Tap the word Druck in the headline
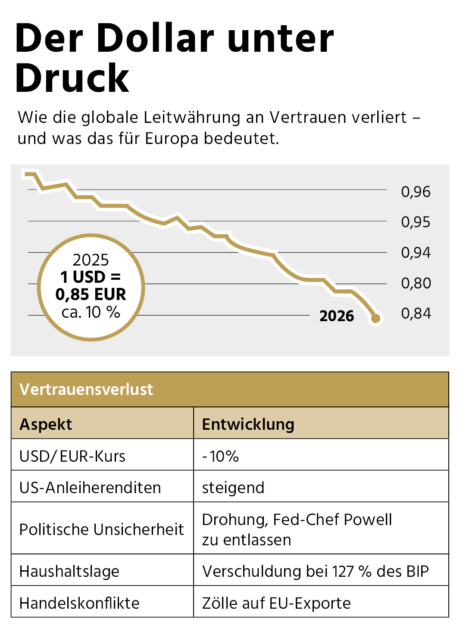pos(72,78)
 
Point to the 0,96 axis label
pos(416,192)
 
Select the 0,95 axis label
pos(416,222)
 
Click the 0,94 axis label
pos(416,253)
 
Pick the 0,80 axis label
pos(416,283)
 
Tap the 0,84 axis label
pos(416,313)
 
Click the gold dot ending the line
pos(376,319)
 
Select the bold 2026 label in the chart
pos(336,316)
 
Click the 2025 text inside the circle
pos(91,260)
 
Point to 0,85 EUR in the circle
pos(91,294)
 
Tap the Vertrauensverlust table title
pos(86,389)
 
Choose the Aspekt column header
pos(46,424)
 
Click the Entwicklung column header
pos(248,424)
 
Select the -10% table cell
pos(220,456)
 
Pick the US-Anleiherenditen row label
pos(90,488)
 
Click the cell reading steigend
pos(233,488)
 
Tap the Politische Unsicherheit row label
pos(101,529)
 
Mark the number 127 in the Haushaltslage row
pos(343,571)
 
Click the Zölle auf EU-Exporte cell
pos(276,603)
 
